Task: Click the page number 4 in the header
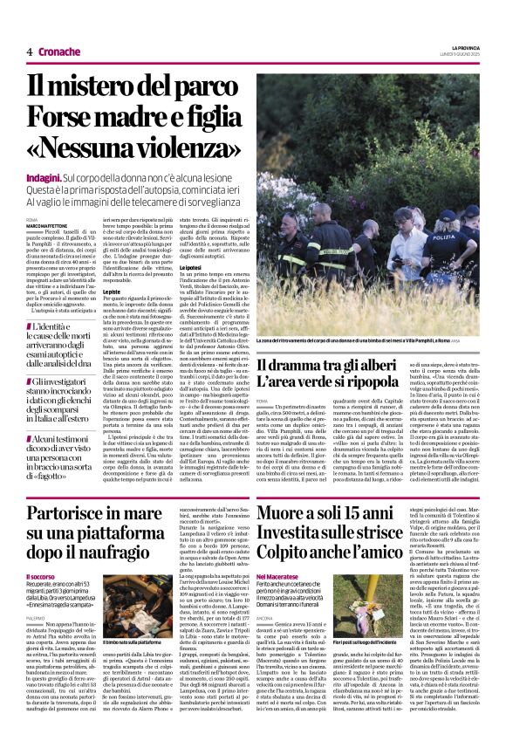click(x=29, y=51)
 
